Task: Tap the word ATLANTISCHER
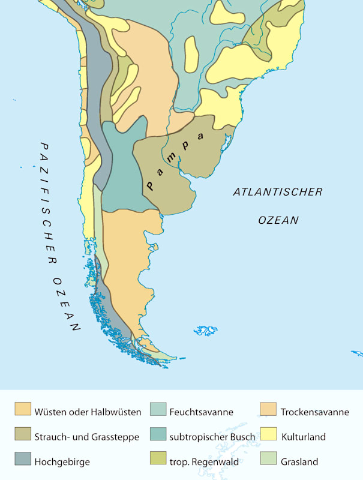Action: tap(277, 192)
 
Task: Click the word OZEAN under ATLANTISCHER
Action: tap(278, 220)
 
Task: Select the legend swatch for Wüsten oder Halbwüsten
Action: tap(23, 411)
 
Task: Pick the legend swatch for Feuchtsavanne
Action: tap(157, 411)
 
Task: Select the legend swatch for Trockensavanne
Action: tap(268, 411)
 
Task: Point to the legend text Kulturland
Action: tap(303, 437)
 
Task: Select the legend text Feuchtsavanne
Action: tap(201, 412)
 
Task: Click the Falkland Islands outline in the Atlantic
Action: tap(206, 330)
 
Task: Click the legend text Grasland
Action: tap(299, 461)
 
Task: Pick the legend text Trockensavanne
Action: tap(314, 412)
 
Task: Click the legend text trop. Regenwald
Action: tap(204, 461)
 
